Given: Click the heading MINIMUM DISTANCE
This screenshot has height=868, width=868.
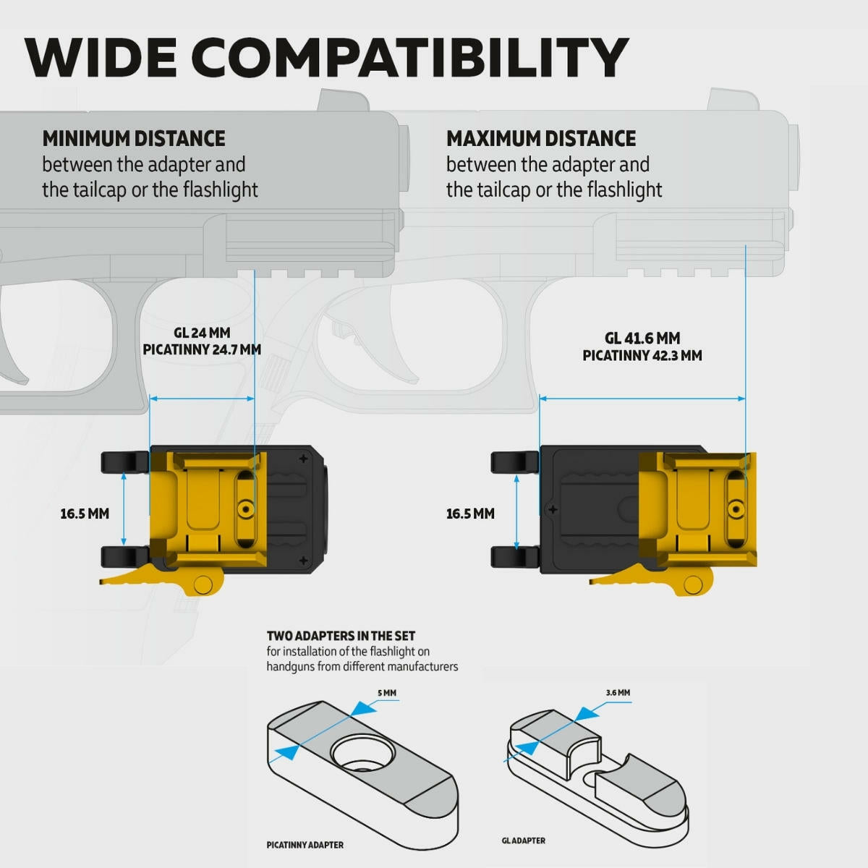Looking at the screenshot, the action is pyautogui.click(x=134, y=139).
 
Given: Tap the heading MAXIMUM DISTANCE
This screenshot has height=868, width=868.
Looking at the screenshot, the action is pyautogui.click(x=541, y=139).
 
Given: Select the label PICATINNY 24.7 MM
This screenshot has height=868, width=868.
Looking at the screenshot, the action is pyautogui.click(x=202, y=349).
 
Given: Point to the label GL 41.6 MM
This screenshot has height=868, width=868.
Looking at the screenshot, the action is pyautogui.click(x=642, y=338).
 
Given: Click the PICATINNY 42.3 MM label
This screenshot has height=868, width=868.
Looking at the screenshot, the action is pyautogui.click(x=642, y=355).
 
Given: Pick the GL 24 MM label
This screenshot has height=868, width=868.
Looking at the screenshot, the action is pyautogui.click(x=202, y=333).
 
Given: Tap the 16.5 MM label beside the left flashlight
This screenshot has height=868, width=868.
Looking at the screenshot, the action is pyautogui.click(x=85, y=514).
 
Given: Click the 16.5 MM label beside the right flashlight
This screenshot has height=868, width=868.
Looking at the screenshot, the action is pyautogui.click(x=470, y=514).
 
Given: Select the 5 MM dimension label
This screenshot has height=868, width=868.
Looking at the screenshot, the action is pyautogui.click(x=387, y=693).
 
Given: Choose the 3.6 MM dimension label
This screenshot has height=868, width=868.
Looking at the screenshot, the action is pyautogui.click(x=618, y=692).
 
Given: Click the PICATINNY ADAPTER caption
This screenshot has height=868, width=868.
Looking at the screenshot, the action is pyautogui.click(x=305, y=845).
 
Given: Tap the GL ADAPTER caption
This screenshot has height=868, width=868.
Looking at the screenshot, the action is pyautogui.click(x=524, y=841).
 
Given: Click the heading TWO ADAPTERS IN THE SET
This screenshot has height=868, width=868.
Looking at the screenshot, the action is pyautogui.click(x=341, y=636).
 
